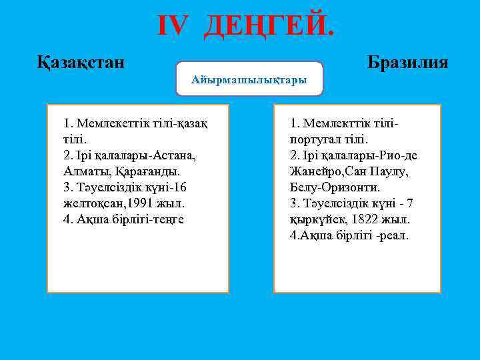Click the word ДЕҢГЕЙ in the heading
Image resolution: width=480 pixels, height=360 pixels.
pyautogui.click(x=266, y=26)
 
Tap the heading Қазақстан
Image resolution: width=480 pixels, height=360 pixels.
pyautogui.click(x=80, y=63)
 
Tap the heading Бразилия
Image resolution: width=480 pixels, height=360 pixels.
pyautogui.click(x=407, y=63)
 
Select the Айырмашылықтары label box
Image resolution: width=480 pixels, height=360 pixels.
pyautogui.click(x=249, y=79)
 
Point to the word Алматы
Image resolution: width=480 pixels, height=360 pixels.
pyautogui.click(x=83, y=171)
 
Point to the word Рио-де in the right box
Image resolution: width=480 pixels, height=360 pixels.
pyautogui.click(x=399, y=155)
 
